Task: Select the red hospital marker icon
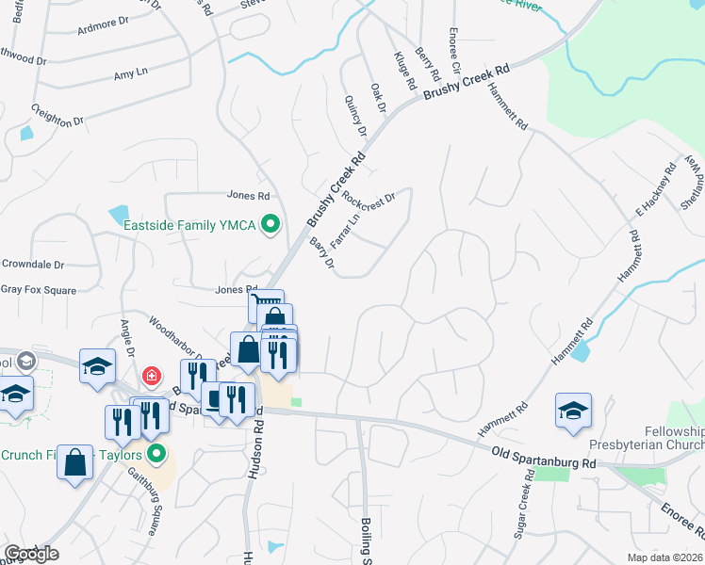[150, 378]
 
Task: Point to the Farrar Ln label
[345, 231]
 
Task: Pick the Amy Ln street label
[131, 73]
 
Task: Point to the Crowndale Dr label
[33, 265]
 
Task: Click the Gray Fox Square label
[38, 291]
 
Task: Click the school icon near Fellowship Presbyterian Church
[573, 411]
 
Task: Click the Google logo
[31, 554]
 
